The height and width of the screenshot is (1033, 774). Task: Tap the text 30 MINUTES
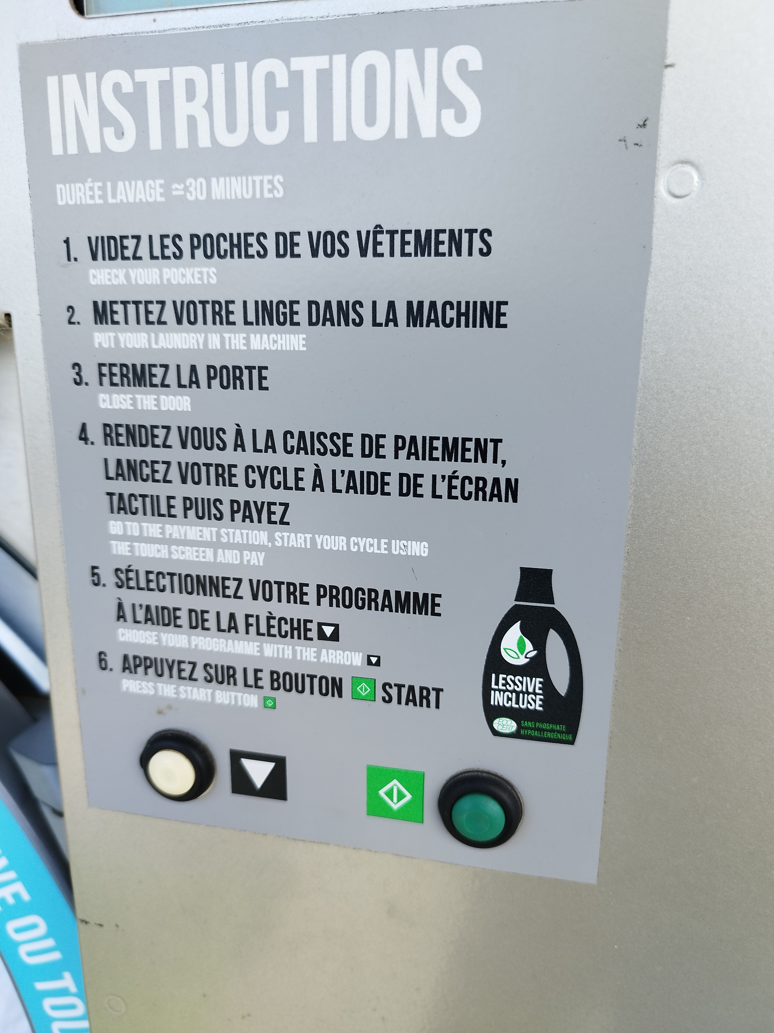pyautogui.click(x=235, y=189)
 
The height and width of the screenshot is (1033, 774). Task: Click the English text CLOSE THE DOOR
pyautogui.click(x=145, y=403)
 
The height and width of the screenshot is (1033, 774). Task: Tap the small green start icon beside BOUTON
pyautogui.click(x=364, y=689)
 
